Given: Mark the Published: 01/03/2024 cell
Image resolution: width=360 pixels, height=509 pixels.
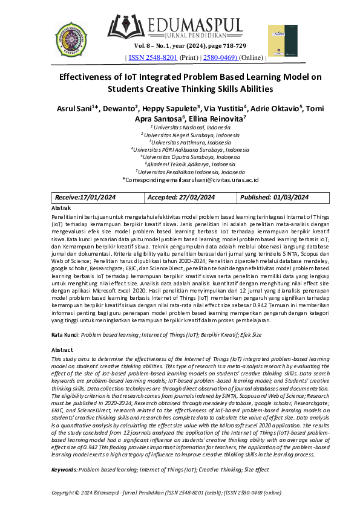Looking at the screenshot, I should [274, 198].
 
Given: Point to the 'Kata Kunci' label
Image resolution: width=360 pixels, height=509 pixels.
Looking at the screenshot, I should [65, 334].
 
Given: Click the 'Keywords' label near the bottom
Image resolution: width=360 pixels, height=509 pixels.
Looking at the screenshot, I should [64, 469].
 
